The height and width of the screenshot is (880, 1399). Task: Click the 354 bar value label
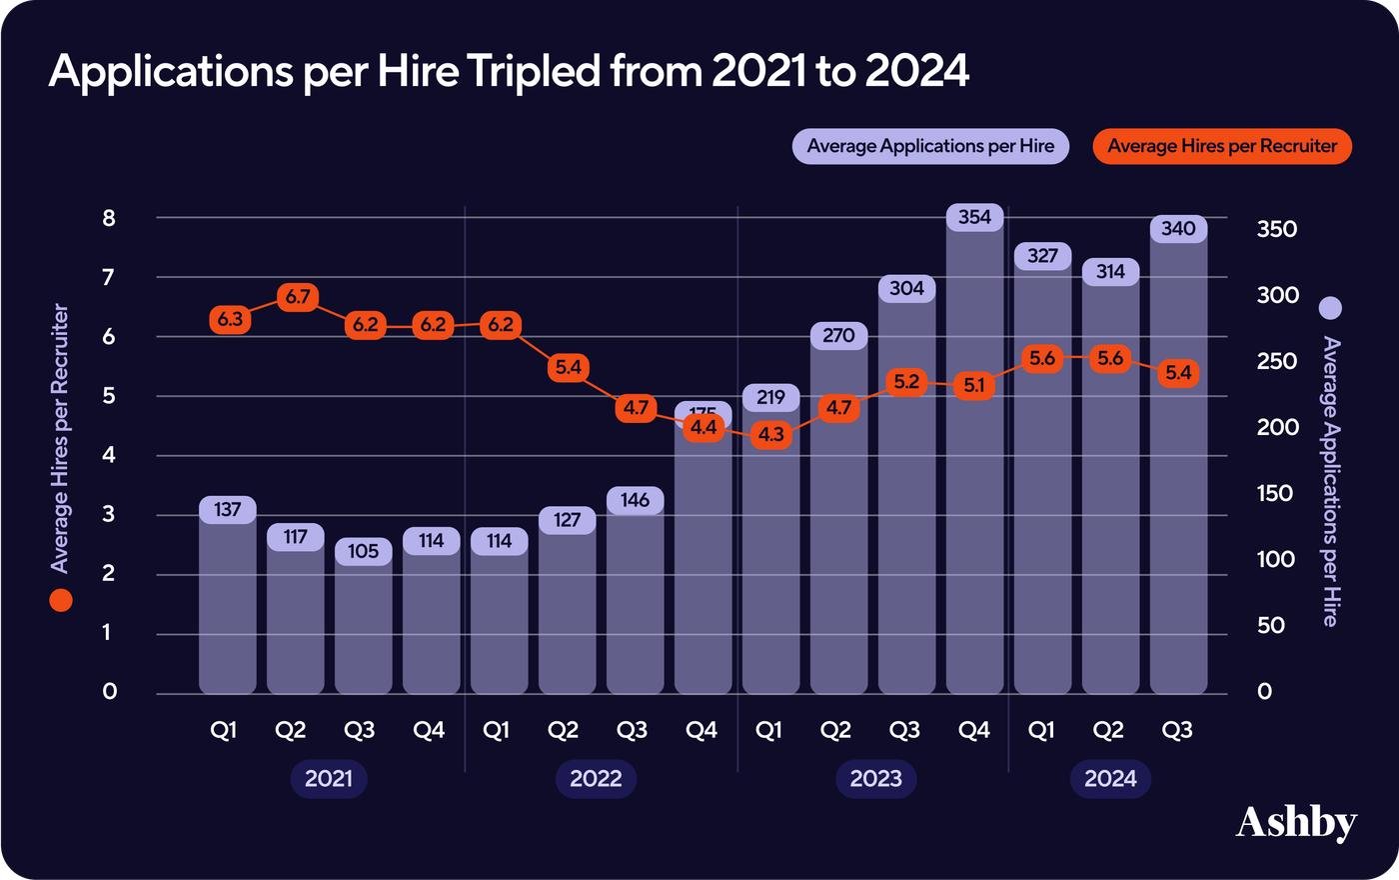[974, 217]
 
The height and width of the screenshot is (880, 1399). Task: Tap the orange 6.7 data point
[298, 297]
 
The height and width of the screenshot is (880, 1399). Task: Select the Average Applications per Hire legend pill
[930, 146]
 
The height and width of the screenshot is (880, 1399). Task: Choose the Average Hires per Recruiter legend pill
[1222, 146]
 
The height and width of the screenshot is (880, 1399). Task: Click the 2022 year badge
[596, 779]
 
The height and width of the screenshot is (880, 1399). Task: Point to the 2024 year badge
[1110, 779]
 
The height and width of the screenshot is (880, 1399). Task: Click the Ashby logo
[1296, 823]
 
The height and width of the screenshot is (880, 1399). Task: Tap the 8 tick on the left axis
[109, 218]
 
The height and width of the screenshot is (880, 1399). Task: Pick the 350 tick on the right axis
[1276, 229]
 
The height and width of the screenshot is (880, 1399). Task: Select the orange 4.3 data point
[770, 435]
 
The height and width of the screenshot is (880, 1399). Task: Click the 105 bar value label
[363, 551]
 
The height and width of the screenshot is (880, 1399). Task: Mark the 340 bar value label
[1178, 229]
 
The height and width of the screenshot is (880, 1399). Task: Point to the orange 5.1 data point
[974, 385]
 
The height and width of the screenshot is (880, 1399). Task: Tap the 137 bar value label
[228, 510]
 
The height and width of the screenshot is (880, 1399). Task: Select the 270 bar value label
[838, 335]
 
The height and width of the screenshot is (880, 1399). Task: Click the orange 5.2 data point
[906, 382]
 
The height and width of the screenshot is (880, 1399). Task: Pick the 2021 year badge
[329, 779]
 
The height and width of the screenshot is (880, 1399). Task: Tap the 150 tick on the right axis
[1276, 493]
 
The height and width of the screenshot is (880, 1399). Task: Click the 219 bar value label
[770, 397]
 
